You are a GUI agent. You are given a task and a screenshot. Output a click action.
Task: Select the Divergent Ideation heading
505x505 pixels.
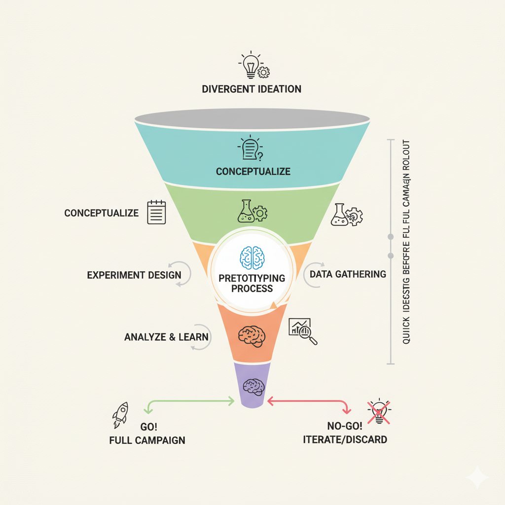click(x=252, y=89)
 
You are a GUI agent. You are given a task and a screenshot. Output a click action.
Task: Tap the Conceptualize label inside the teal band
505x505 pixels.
click(x=253, y=172)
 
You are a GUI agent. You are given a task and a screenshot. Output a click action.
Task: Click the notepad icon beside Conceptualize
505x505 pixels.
click(x=156, y=212)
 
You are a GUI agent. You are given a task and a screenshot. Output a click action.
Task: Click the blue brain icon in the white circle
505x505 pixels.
click(x=252, y=257)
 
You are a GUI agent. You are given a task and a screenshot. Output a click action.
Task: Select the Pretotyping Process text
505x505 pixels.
click(x=252, y=283)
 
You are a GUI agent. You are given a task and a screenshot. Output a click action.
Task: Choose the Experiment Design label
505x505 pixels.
click(x=134, y=275)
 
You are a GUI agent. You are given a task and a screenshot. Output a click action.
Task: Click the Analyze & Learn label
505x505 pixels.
click(x=166, y=337)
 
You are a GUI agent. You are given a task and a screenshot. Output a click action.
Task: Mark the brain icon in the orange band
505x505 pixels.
click(x=252, y=335)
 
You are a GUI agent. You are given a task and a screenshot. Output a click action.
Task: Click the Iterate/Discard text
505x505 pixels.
click(x=345, y=439)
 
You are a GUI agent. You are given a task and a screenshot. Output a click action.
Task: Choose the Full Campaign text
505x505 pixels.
click(x=147, y=440)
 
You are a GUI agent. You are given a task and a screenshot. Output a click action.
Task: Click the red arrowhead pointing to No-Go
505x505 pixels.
click(x=347, y=410)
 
